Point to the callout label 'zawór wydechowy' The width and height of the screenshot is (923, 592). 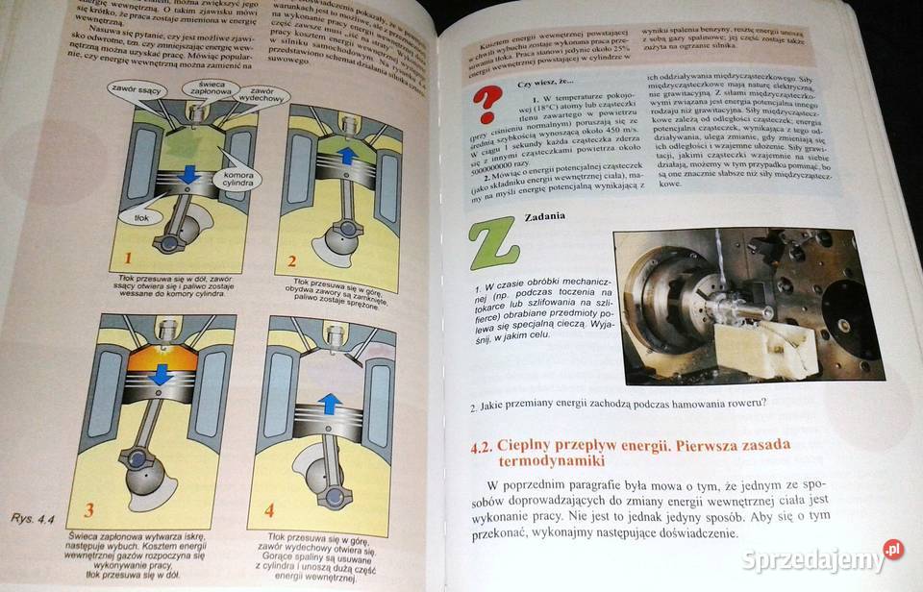tap(260, 95)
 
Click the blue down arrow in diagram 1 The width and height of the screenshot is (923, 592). tap(188, 174)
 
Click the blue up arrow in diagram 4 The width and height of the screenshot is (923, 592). tap(328, 403)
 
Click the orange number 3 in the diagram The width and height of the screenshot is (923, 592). tap(88, 509)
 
